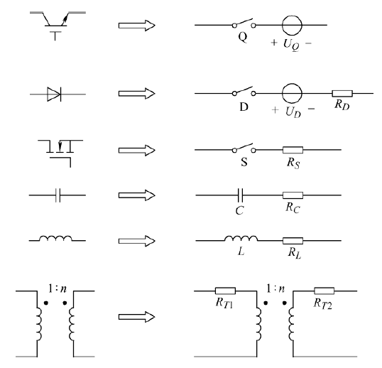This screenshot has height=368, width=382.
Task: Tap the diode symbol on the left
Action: pyautogui.click(x=55, y=94)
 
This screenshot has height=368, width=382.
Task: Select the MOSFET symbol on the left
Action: pyautogui.click(x=60, y=153)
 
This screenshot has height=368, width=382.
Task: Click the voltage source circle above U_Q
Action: pyautogui.click(x=292, y=25)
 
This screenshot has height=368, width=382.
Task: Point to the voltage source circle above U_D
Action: pyautogui.click(x=292, y=93)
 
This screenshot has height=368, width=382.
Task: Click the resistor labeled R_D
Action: pyautogui.click(x=342, y=93)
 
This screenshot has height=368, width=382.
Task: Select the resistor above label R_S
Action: pyautogui.click(x=293, y=150)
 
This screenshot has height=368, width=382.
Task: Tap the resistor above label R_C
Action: pyautogui.click(x=293, y=195)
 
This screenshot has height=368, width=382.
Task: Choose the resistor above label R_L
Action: pyautogui.click(x=293, y=241)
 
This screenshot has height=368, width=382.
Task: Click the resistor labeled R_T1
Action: pyautogui.click(x=225, y=291)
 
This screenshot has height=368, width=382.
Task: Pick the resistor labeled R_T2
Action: pyautogui.click(x=324, y=291)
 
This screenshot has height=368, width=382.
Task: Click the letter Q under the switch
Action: pyautogui.click(x=243, y=37)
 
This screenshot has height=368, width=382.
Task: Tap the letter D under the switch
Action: pyautogui.click(x=244, y=107)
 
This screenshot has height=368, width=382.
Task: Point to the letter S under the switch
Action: pyautogui.click(x=244, y=162)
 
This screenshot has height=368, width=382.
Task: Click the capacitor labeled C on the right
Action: pyautogui.click(x=240, y=195)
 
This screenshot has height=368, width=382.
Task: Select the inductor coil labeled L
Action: pyautogui.click(x=241, y=237)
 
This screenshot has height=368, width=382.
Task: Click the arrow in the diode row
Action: pyautogui.click(x=136, y=94)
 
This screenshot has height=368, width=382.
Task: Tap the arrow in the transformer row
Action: pyautogui.click(x=136, y=317)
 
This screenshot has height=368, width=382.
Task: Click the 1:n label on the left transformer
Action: pyautogui.click(x=58, y=288)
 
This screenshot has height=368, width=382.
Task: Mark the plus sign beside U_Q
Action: pyautogui.click(x=274, y=43)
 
